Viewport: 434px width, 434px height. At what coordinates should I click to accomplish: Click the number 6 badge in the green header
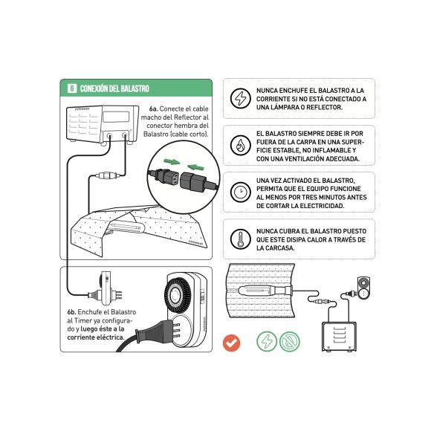pyautogui.click(x=71, y=88)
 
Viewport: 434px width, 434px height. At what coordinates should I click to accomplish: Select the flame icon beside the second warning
pyautogui.click(x=240, y=145)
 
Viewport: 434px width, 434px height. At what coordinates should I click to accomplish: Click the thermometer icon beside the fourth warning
pyautogui.click(x=240, y=239)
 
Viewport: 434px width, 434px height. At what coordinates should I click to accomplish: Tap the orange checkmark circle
pyautogui.click(x=232, y=342)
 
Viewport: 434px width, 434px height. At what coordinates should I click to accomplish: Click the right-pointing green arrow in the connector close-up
pyautogui.click(x=171, y=161)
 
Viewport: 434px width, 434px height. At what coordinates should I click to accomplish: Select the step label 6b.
pyautogui.click(x=72, y=312)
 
